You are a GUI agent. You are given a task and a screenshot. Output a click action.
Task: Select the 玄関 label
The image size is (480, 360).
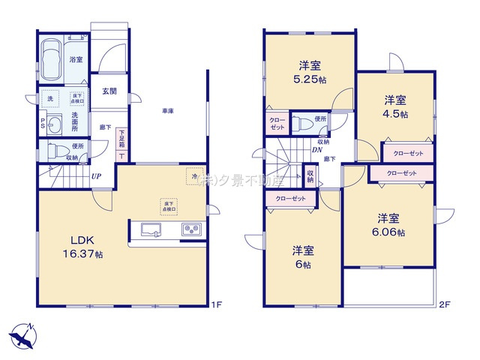tap(109, 91)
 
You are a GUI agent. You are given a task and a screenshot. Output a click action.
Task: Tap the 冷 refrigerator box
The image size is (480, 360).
tap(194, 177)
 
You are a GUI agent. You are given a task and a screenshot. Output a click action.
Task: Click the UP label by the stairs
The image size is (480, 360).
tap(97, 177)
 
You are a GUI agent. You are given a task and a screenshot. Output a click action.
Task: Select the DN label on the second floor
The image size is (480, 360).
tap(317, 149)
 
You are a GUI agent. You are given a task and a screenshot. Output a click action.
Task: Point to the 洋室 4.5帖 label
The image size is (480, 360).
tap(396, 106)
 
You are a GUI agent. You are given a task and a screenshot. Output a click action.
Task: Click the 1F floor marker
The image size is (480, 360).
tap(216, 304)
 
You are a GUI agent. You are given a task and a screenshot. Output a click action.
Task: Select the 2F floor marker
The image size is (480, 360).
tap(444, 304)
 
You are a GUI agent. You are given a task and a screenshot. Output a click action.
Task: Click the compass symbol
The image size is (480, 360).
tap(22, 334)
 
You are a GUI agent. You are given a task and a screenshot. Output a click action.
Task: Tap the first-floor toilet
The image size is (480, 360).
tap(55, 150)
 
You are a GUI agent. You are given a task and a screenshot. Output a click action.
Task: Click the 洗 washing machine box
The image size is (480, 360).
tap(50, 100)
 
